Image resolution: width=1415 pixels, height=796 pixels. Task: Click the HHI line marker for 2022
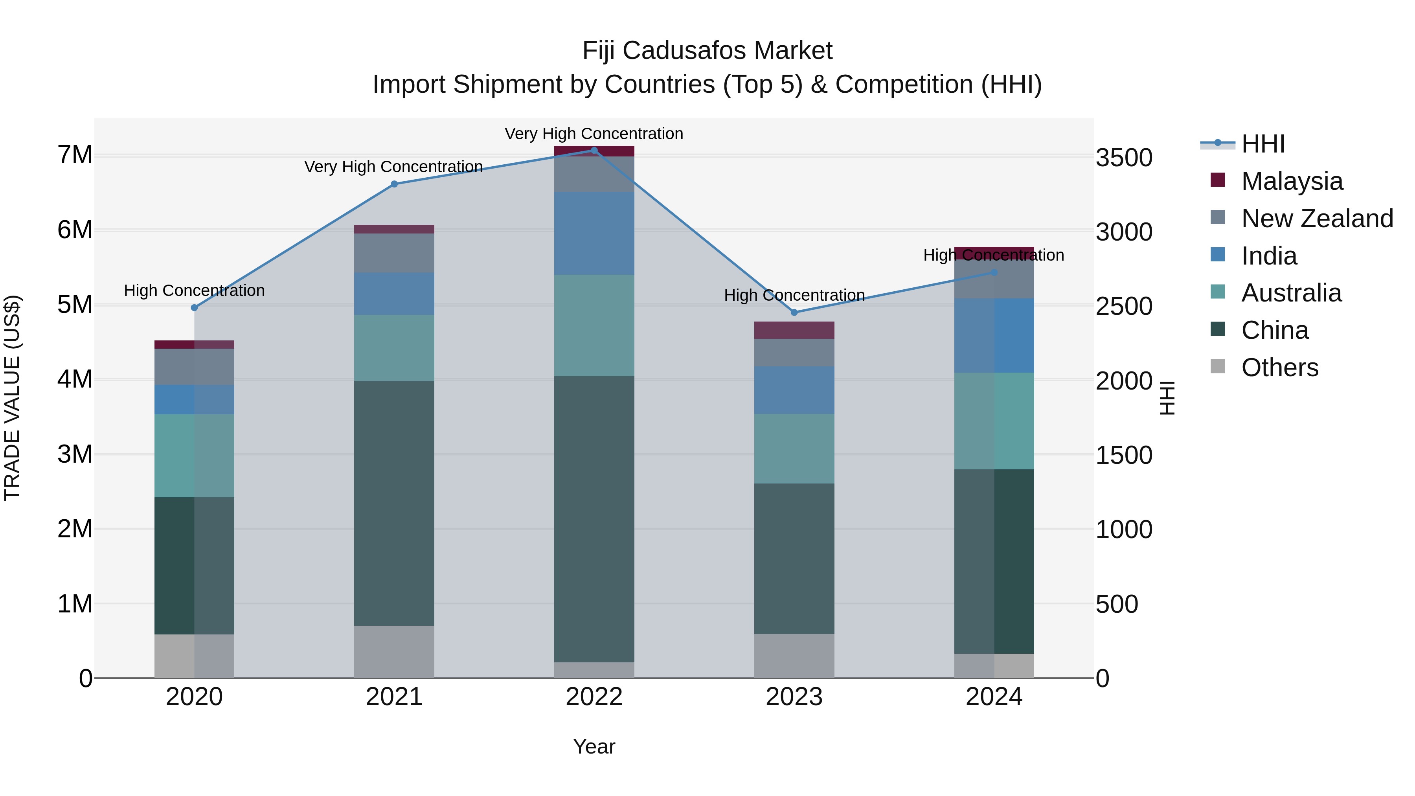click(594, 150)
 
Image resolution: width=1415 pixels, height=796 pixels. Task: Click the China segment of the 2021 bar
click(394, 503)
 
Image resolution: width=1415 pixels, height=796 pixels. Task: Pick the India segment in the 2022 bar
click(594, 233)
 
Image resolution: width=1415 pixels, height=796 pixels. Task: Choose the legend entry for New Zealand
click(1317, 219)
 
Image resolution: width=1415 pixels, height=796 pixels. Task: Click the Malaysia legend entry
click(1292, 181)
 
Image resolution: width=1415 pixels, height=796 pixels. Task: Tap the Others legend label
click(1279, 368)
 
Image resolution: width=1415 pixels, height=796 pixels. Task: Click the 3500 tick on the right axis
click(1123, 158)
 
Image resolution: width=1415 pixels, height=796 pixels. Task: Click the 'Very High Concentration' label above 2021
click(393, 166)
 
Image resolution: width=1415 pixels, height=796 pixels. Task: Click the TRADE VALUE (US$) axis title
click(13, 398)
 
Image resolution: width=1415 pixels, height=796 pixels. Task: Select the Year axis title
click(594, 746)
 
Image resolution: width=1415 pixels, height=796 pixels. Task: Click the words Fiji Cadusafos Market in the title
click(707, 51)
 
